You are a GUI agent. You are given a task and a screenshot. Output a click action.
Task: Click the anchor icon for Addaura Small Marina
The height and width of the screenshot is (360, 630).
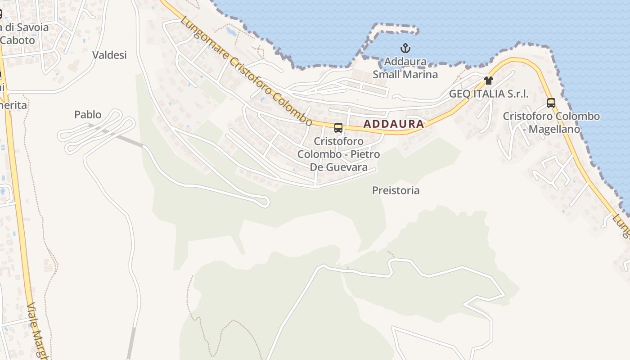tap(405, 48)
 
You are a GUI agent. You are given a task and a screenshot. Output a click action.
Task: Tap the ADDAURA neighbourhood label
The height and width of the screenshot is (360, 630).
tap(393, 124)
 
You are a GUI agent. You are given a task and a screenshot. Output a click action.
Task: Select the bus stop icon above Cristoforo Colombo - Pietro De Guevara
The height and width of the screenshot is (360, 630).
tap(338, 128)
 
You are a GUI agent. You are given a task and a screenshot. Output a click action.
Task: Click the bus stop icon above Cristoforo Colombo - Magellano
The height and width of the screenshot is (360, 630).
tap(551, 103)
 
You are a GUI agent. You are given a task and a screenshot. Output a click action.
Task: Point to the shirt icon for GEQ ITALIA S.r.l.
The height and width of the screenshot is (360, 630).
tap(489, 81)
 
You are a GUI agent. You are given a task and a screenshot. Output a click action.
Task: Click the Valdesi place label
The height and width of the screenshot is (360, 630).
tap(109, 55)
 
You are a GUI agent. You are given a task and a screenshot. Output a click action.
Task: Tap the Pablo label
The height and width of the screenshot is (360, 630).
tap(88, 114)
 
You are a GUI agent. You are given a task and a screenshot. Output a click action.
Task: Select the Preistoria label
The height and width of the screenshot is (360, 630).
tap(396, 190)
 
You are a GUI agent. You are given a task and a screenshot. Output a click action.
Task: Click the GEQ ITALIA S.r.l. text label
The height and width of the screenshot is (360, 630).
tap(489, 94)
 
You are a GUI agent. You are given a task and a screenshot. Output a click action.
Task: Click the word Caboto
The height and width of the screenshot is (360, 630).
tap(18, 40)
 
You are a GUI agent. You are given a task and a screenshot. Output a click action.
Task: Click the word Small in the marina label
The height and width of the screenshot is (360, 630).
tap(387, 74)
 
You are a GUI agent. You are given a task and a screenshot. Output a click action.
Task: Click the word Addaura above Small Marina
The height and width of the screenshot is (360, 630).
tap(405, 62)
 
